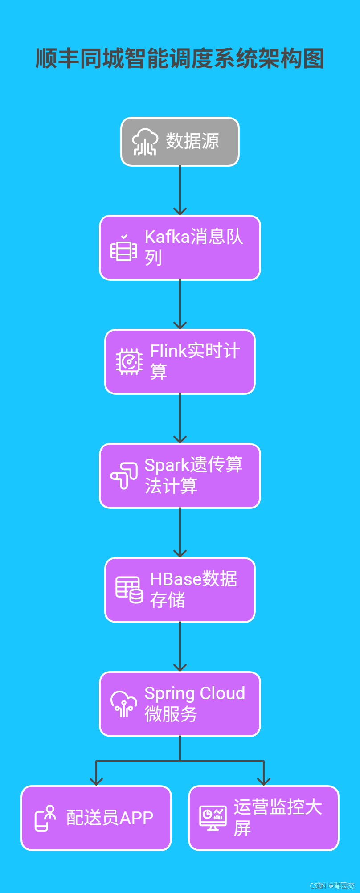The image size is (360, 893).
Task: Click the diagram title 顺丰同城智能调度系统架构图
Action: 180,59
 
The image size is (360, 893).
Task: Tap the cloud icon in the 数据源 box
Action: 145,142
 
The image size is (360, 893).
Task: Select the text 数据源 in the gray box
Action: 192,141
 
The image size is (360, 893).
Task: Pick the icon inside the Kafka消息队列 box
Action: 123,248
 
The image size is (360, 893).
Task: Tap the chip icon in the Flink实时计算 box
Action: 129,361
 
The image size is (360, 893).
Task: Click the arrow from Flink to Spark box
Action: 180,418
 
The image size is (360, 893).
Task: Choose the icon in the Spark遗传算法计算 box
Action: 124,475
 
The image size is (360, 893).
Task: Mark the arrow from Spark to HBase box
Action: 180,533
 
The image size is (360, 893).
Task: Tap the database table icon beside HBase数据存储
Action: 129,590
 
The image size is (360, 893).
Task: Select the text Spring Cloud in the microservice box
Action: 195,693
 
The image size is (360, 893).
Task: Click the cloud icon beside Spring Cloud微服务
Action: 124,704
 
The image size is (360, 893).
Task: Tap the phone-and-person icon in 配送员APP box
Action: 45,818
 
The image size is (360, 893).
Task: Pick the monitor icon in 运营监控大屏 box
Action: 213,818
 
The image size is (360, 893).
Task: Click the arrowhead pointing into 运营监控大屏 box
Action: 264,781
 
